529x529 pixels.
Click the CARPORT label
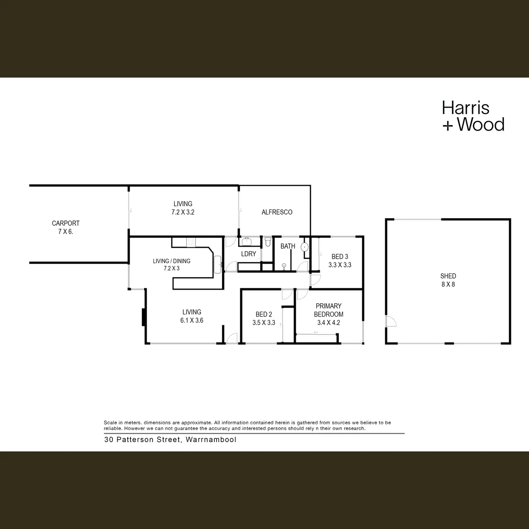tap(66, 223)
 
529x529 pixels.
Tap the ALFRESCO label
tap(277, 212)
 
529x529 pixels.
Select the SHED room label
tap(448, 276)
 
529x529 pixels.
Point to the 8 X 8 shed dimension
tap(448, 284)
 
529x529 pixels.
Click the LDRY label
tap(249, 254)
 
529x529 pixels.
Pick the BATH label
tap(288, 246)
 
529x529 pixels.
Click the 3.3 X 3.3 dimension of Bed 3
tap(340, 265)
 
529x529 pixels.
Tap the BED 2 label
tap(264, 314)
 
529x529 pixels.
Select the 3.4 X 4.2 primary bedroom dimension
tap(328, 323)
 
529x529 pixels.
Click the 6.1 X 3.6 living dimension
tap(192, 320)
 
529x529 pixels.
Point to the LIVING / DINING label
tap(171, 261)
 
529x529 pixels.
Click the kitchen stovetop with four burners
tap(191, 242)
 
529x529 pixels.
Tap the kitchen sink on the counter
tap(217, 264)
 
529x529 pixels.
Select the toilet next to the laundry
tap(268, 242)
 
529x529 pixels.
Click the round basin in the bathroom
tap(305, 247)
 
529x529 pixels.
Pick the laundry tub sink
tap(247, 242)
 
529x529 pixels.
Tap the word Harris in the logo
tap(466, 108)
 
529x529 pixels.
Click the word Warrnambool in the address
tap(211, 440)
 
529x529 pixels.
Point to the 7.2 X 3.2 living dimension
tap(183, 212)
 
